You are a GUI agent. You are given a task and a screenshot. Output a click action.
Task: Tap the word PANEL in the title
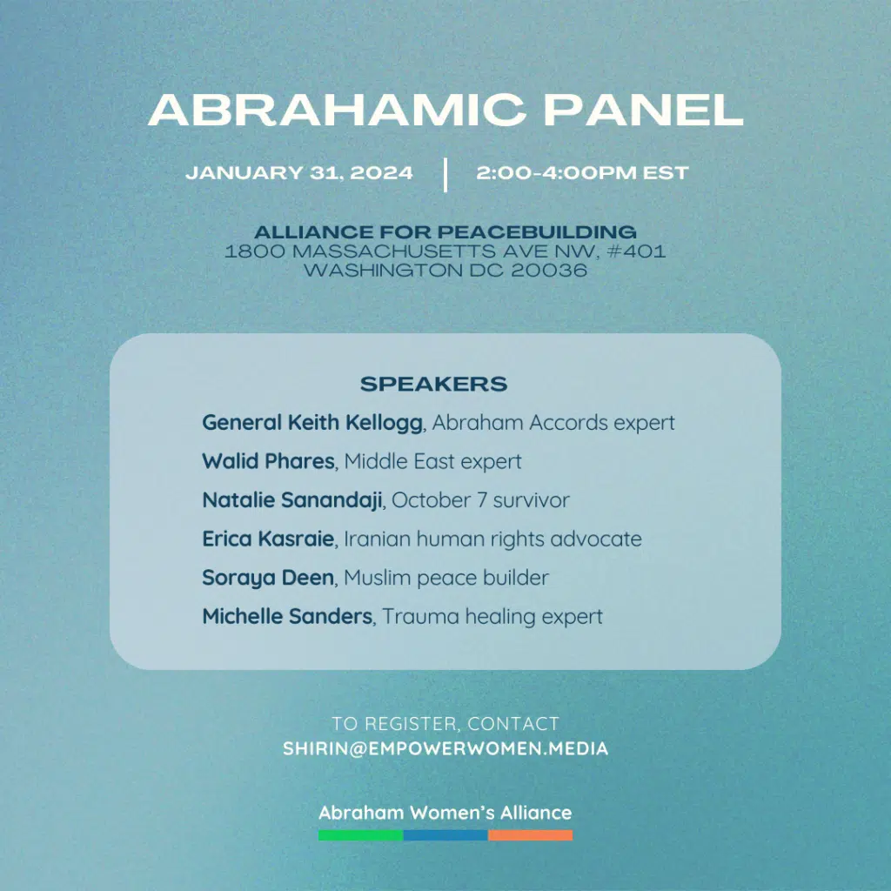(644, 110)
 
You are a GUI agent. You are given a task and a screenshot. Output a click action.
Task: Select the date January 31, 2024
(299, 173)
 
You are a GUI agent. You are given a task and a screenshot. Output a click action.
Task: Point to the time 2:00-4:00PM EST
(582, 173)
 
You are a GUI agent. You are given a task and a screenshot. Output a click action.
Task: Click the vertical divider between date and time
(445, 175)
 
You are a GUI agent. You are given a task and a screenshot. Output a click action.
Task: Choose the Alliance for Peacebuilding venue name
(445, 231)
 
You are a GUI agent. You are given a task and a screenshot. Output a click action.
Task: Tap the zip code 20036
(549, 270)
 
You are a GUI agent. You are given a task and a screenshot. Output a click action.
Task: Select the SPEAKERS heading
(433, 384)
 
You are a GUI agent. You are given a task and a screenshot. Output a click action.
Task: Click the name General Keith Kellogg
(312, 423)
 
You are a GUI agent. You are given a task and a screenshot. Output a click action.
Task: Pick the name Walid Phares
(268, 461)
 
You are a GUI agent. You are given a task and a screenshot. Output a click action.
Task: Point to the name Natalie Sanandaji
(292, 500)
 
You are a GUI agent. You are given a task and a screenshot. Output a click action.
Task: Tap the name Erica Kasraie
(268, 539)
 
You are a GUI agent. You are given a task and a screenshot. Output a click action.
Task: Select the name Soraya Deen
(268, 578)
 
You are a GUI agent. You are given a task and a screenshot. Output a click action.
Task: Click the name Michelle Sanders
(287, 617)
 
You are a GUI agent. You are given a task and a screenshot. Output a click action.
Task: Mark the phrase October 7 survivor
(480, 500)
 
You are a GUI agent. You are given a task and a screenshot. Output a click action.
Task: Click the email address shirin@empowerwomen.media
(445, 748)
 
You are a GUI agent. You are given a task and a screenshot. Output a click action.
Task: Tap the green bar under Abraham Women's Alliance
(361, 835)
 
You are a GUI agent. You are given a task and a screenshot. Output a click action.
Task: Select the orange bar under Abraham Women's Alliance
(530, 835)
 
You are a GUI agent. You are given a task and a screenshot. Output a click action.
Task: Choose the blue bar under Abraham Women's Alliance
(445, 835)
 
